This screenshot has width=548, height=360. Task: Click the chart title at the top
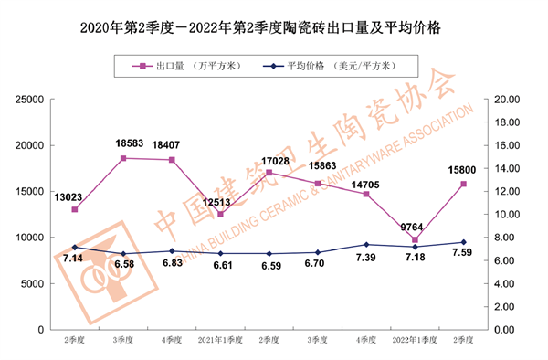pos(274,28)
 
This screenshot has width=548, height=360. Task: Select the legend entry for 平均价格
pos(338,66)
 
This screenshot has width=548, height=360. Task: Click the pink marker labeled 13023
pos(75,209)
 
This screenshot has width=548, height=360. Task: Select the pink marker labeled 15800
pos(464,184)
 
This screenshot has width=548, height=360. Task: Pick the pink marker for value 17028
pos(269,173)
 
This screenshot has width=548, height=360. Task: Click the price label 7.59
pos(463,257)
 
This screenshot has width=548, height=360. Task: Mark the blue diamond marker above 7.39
pos(366,245)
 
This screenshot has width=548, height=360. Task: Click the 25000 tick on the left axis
pos(30,99)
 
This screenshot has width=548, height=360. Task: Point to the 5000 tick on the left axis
pos(34,283)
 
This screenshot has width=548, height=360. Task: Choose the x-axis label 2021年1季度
pos(220,341)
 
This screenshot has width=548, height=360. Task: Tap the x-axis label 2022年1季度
pos(415,341)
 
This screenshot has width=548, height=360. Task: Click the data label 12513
pos(220,202)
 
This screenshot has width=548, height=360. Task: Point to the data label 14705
pos(366,183)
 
